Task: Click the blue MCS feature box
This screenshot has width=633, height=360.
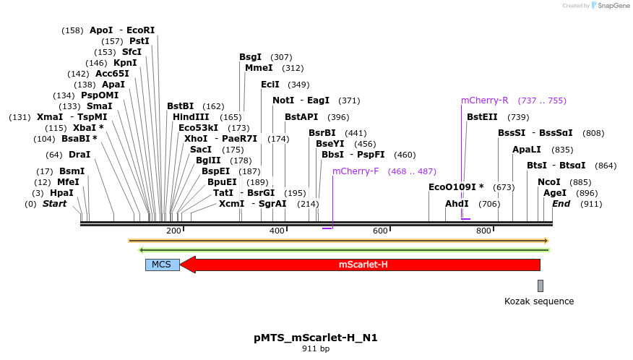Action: click(x=161, y=265)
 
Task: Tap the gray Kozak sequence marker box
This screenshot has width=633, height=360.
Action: click(x=540, y=286)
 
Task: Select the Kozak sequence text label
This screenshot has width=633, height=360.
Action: click(x=539, y=301)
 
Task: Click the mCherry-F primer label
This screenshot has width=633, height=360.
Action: click(x=356, y=171)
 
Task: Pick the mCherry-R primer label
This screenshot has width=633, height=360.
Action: click(x=485, y=100)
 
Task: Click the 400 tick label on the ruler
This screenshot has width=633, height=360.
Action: click(x=277, y=231)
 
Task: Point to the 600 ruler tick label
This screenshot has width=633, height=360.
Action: click(x=381, y=231)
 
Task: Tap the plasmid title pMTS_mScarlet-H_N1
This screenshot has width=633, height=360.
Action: click(x=316, y=338)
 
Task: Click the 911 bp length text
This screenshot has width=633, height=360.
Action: click(x=316, y=349)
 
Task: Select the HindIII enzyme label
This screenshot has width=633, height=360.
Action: click(x=191, y=117)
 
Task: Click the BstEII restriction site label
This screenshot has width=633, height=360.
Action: click(x=482, y=117)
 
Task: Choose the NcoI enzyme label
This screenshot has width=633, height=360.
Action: click(x=549, y=182)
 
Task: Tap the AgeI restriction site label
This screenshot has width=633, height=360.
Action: click(x=555, y=193)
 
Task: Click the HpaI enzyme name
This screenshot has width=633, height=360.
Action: click(x=61, y=193)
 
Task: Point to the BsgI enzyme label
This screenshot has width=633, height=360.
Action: click(x=251, y=57)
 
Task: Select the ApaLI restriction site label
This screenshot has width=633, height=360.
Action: click(x=527, y=150)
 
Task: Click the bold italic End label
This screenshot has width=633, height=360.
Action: click(x=561, y=204)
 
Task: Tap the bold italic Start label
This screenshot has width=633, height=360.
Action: click(x=54, y=204)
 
